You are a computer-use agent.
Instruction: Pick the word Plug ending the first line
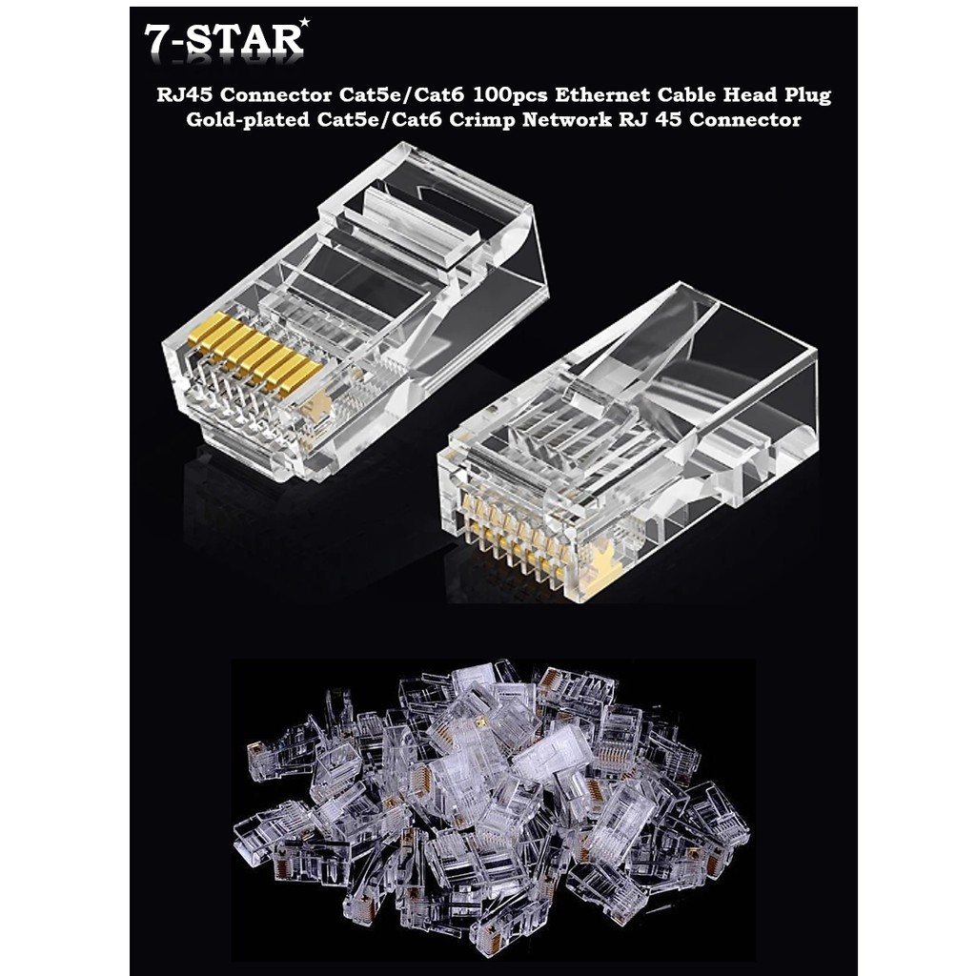804,96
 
